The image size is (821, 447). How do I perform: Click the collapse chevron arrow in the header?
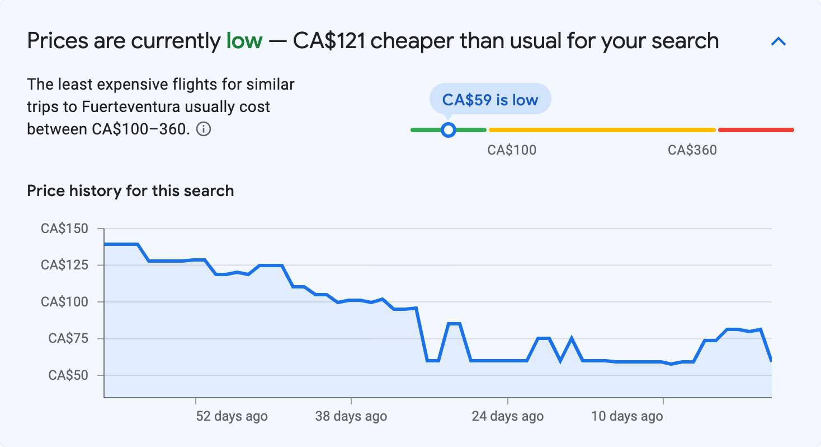coord(778,41)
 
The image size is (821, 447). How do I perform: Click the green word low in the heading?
coord(244,41)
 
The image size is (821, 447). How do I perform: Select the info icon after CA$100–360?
coord(204,129)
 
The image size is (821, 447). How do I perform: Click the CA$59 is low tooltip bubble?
coord(490,100)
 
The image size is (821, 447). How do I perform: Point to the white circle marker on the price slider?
coord(448,130)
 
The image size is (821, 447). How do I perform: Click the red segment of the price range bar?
coord(756,130)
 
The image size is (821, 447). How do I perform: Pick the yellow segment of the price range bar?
coord(602,130)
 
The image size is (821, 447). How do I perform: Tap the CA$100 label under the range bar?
coord(512,150)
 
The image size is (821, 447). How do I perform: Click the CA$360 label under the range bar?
coord(692,150)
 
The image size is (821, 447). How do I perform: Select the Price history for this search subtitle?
coord(130,191)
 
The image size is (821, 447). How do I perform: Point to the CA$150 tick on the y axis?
coord(64,229)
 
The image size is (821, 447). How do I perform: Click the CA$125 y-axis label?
coord(64,265)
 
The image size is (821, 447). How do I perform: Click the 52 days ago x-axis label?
coord(232,417)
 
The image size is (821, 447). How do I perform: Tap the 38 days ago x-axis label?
coord(351,417)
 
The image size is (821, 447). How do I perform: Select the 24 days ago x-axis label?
coord(507,417)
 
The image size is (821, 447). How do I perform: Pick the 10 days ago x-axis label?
coord(627,417)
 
